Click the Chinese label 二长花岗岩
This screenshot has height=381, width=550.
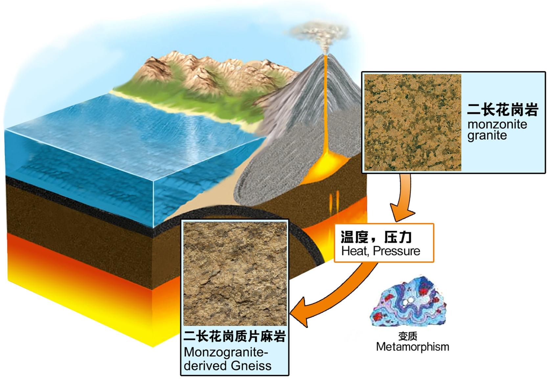click(502, 110)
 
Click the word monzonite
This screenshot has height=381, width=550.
click(497, 124)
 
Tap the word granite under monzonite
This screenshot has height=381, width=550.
click(487, 135)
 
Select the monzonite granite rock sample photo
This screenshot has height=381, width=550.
click(413, 122)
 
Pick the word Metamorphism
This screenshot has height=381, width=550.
click(412, 346)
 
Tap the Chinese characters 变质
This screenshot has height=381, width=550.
click(408, 336)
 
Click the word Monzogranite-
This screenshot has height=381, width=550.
click(226, 352)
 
